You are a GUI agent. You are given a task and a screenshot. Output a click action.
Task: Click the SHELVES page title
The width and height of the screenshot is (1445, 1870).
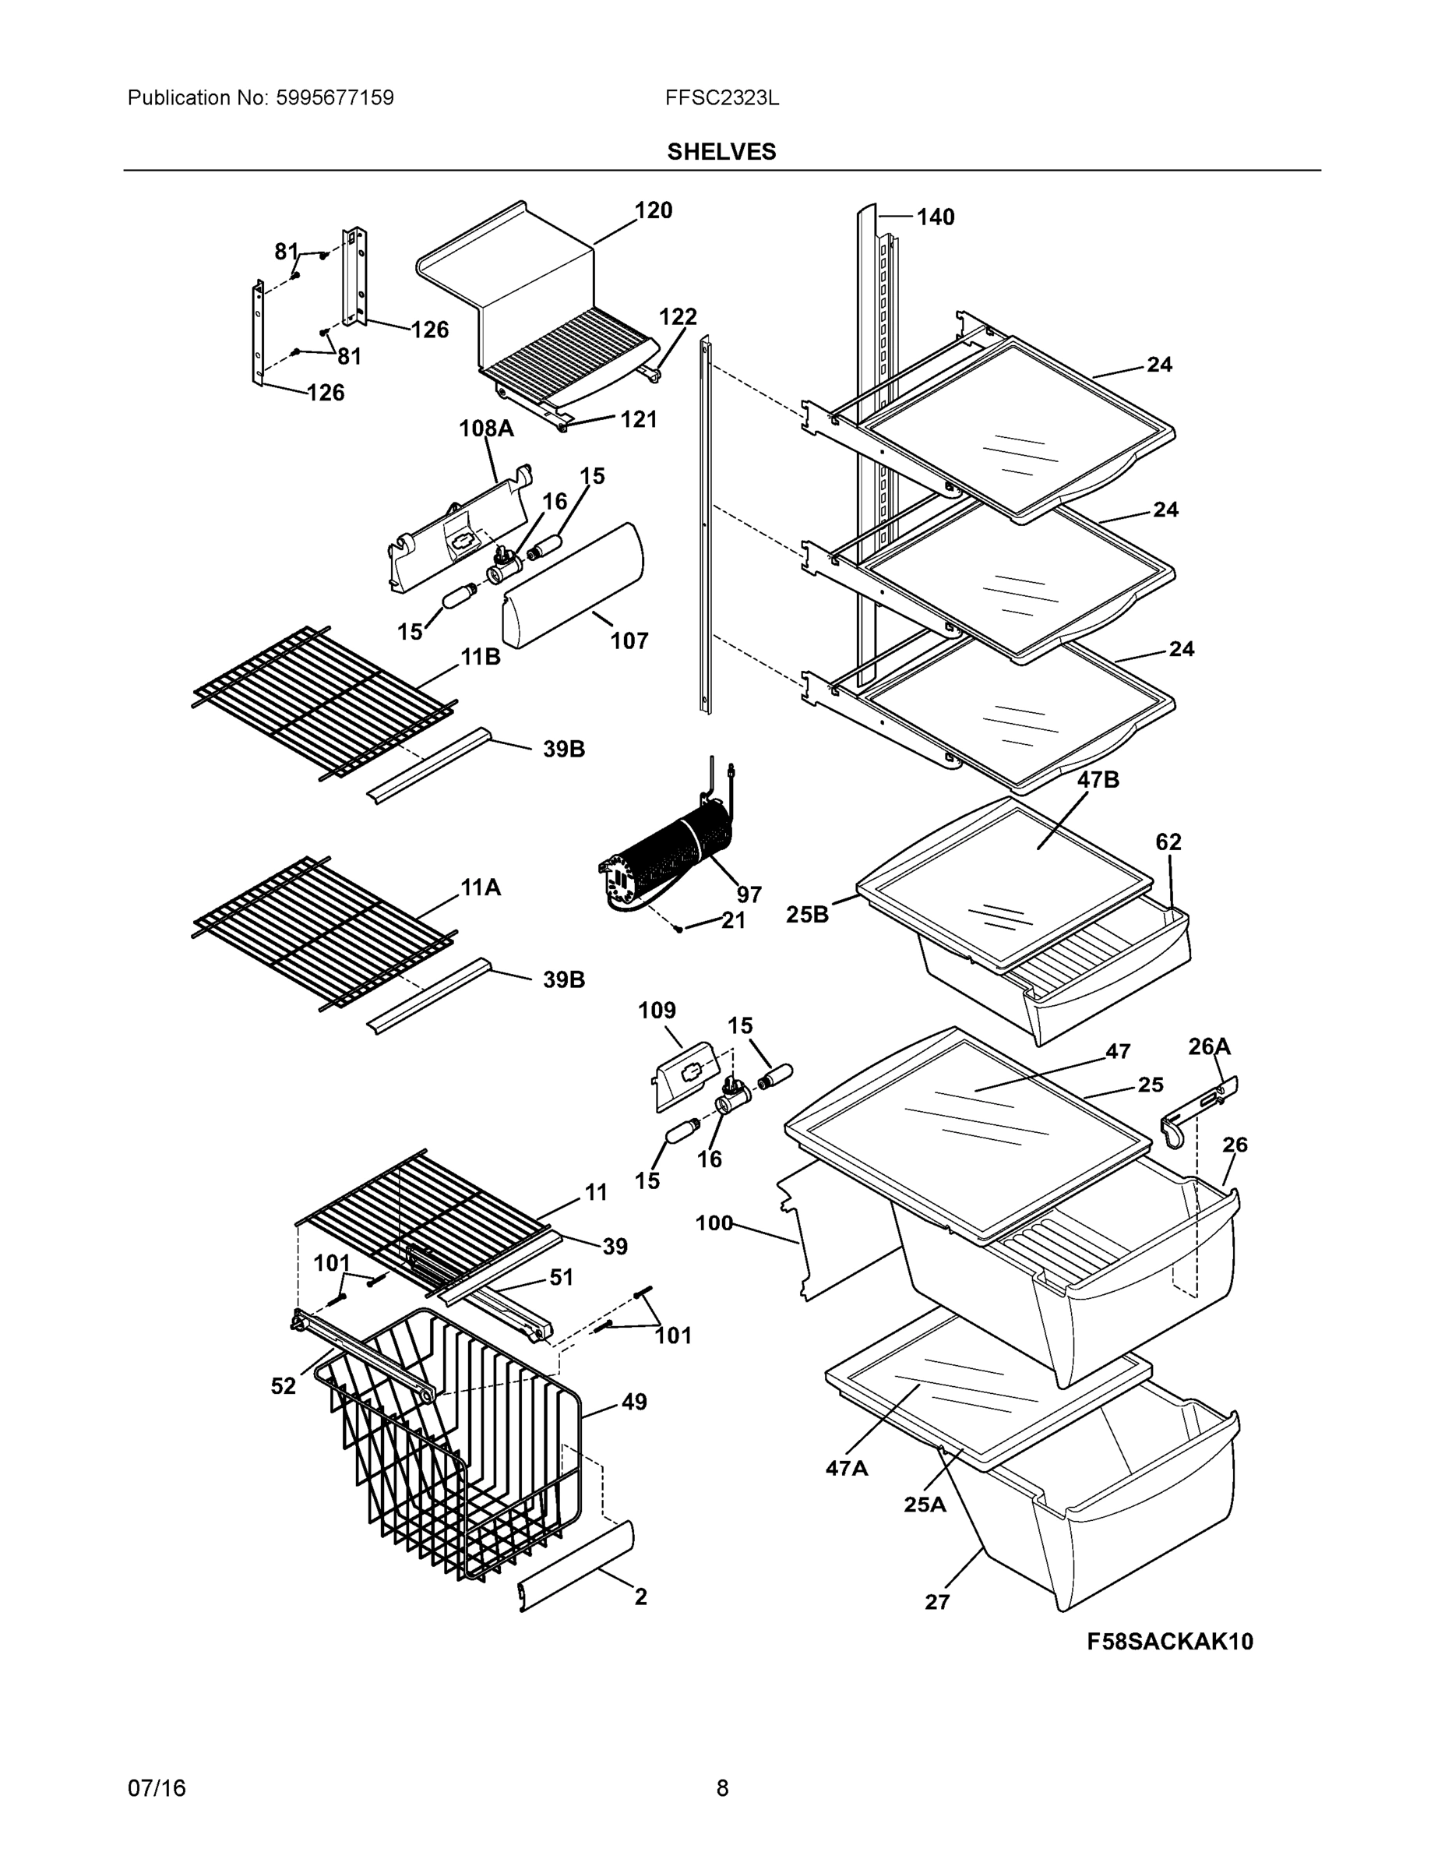click(x=721, y=152)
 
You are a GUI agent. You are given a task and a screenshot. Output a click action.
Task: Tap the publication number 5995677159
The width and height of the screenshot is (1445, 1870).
click(x=335, y=97)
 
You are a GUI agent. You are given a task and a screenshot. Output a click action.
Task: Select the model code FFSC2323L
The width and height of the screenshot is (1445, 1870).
click(x=721, y=97)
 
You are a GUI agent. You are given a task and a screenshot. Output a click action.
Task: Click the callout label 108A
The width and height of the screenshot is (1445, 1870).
click(x=486, y=428)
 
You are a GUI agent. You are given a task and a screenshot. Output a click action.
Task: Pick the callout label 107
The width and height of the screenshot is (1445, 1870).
click(x=629, y=640)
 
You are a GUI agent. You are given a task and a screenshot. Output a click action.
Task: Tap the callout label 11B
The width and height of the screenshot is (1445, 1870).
click(x=481, y=658)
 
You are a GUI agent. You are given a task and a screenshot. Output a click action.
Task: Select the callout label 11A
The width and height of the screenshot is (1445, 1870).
click(x=481, y=888)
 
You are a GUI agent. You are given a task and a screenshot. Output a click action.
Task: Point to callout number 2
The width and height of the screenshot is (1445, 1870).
click(x=640, y=1597)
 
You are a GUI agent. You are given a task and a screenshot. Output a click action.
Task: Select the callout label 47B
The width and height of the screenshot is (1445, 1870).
click(x=1098, y=780)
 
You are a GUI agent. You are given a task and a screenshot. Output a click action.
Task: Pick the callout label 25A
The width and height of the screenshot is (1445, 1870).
click(x=925, y=1505)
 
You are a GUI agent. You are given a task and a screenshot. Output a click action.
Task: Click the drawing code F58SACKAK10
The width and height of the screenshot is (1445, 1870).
click(x=1169, y=1642)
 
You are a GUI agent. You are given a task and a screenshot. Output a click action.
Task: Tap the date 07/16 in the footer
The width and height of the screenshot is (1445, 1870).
click(x=157, y=1788)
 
